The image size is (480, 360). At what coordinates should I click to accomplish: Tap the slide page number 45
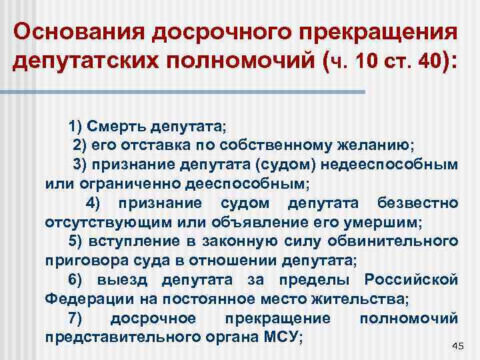457,345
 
